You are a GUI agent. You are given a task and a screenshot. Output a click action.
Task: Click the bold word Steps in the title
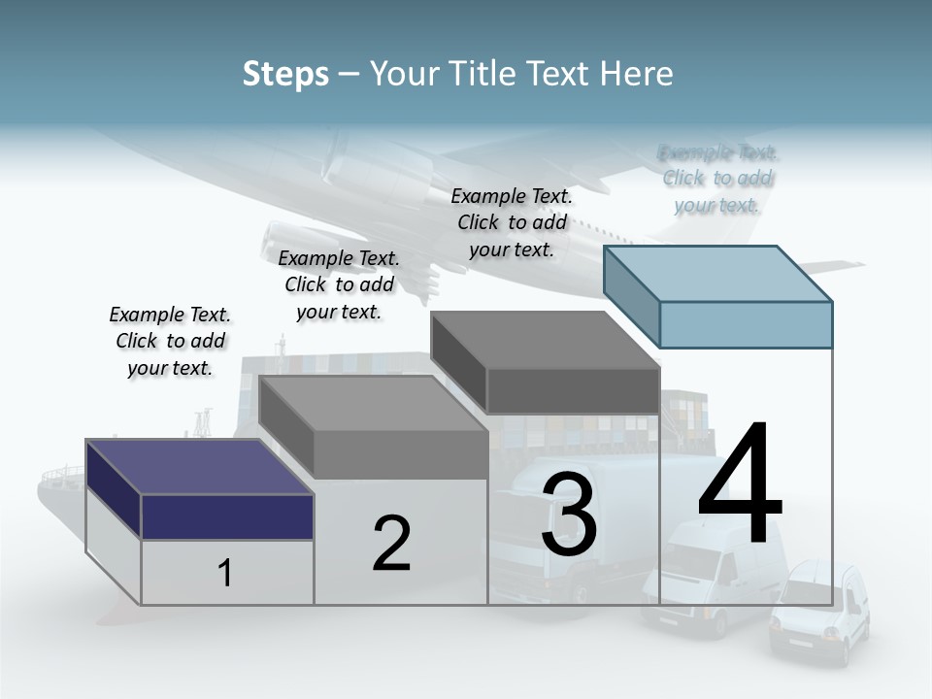[285, 74]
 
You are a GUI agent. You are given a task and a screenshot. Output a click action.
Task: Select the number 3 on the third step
[569, 515]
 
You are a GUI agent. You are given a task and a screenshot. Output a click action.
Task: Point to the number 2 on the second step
[391, 544]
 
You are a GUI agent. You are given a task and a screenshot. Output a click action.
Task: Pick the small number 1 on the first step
[225, 574]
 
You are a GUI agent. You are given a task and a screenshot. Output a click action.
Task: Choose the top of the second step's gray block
[374, 404]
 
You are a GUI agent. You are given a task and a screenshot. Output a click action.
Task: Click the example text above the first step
[170, 341]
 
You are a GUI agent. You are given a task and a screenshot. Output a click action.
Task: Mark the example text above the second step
[339, 284]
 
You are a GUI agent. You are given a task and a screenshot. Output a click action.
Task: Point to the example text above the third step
[512, 222]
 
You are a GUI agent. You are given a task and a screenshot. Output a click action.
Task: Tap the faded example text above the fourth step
[717, 179]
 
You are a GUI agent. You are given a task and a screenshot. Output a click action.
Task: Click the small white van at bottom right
[818, 613]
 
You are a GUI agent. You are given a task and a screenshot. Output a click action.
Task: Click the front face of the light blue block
[746, 324]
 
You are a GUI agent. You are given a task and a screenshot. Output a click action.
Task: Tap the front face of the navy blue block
[227, 516]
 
